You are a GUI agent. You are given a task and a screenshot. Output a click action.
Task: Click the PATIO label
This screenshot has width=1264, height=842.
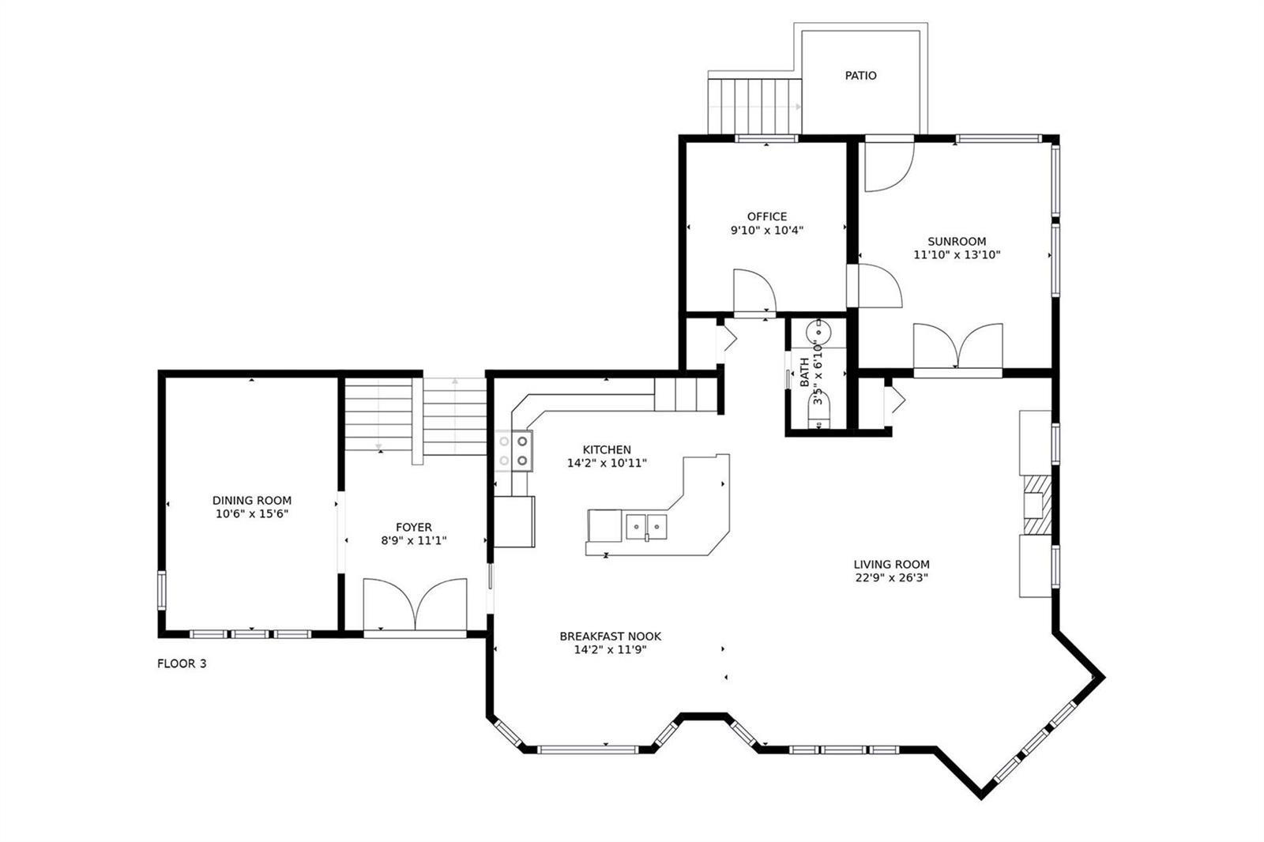860,76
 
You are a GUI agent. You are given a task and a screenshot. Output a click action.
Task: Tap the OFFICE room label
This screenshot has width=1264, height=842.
767,216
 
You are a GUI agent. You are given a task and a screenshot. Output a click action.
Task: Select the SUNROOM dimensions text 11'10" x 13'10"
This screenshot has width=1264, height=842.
957,254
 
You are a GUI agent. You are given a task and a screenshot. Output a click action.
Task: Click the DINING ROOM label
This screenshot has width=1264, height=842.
252,501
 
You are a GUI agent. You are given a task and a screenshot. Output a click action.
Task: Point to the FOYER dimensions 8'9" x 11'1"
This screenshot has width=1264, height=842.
414,540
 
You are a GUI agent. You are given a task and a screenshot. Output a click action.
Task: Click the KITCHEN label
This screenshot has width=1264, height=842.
607,449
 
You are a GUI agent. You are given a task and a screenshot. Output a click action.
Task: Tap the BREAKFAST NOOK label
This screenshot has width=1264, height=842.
611,636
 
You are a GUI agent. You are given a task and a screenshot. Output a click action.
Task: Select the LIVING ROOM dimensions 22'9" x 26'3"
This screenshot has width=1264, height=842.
892,577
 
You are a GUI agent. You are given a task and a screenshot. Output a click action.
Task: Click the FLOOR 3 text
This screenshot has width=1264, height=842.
182,663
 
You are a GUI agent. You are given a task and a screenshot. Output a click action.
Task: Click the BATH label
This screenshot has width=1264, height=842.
805,373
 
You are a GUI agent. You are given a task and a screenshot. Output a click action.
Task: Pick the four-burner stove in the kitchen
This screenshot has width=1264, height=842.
513,451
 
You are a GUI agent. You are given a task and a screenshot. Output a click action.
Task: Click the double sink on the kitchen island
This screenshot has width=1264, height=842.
646,527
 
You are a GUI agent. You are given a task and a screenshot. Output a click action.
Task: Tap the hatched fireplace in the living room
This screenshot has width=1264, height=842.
1038,505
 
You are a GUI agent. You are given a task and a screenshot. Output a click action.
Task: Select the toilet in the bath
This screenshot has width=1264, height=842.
819,410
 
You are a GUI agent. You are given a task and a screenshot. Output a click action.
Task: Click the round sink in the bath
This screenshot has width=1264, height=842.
818,333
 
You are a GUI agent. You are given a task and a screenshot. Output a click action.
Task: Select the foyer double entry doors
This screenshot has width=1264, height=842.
415,603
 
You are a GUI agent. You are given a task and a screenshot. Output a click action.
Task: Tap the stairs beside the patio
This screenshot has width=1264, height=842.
754,107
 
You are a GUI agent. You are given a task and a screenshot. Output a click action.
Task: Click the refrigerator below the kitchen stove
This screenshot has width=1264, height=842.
514,522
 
